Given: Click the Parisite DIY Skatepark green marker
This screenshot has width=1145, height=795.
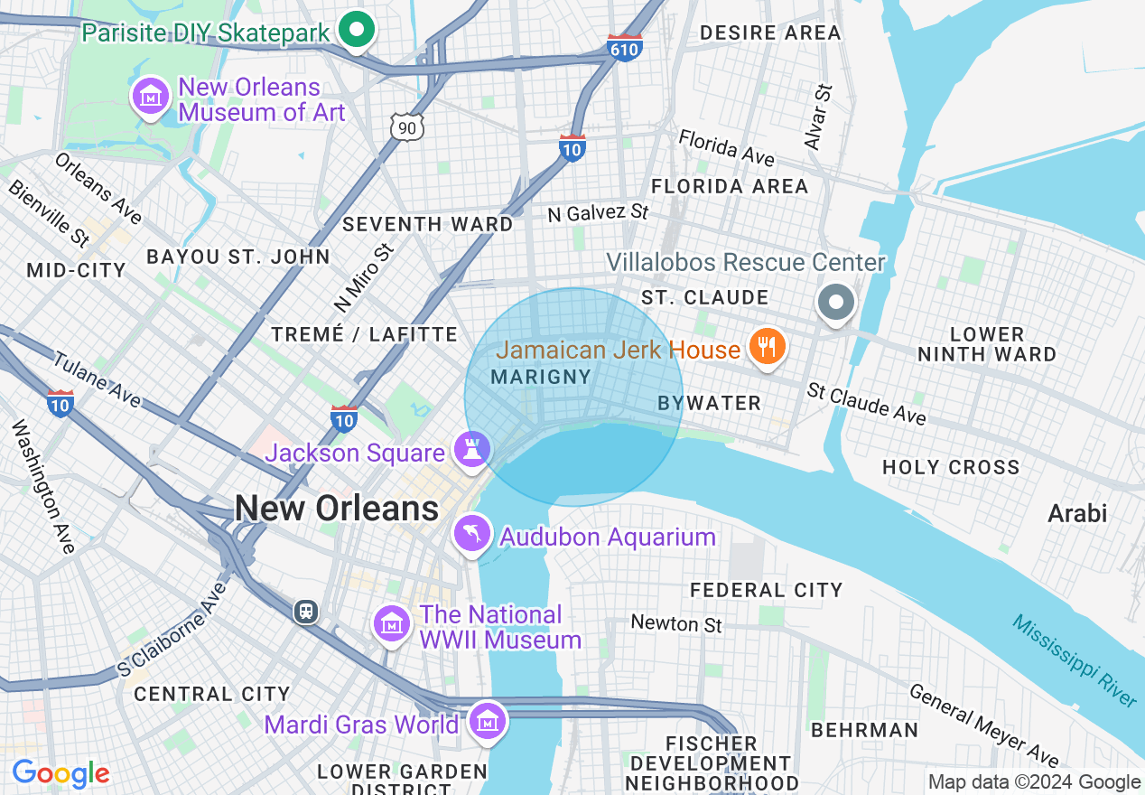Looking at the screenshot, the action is [x=357, y=30].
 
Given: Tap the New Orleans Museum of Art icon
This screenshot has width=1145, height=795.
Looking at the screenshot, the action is [x=152, y=96].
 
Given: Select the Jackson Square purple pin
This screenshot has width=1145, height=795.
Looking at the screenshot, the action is [x=471, y=449].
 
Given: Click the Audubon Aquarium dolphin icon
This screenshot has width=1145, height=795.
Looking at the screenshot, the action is [x=472, y=533].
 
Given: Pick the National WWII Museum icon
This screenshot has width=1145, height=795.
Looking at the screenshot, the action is [x=392, y=624].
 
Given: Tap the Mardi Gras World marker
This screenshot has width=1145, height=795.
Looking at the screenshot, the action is [x=488, y=721].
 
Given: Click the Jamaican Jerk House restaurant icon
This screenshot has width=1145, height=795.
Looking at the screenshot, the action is [x=767, y=347].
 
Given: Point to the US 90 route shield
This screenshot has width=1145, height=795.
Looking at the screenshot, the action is [x=407, y=127].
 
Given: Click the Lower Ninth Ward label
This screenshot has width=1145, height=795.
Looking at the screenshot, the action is [x=987, y=344].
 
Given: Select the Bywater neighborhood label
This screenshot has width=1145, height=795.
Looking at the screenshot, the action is [x=710, y=404].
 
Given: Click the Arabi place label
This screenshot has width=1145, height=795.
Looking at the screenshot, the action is [x=1076, y=514].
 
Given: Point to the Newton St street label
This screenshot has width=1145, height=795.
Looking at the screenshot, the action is [x=676, y=623].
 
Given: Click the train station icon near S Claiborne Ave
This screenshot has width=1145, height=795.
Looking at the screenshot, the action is [x=306, y=612].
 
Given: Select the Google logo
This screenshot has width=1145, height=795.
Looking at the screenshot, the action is [x=61, y=773].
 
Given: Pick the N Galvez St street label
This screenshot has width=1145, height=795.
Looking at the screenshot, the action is [x=598, y=213].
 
